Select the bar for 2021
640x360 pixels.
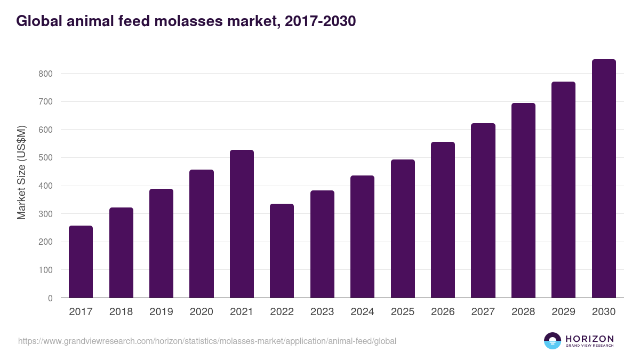242,224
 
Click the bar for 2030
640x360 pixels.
604,179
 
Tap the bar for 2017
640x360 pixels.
81,262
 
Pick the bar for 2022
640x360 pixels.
282,251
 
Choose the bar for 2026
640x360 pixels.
443,220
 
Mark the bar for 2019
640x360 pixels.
161,243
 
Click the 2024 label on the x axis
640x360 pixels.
362,312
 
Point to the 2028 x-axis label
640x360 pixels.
523,312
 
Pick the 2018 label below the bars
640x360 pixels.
121,312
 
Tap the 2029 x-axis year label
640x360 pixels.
563,312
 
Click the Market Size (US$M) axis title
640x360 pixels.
21,173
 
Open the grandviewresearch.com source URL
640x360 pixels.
207,341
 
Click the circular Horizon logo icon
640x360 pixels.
553,341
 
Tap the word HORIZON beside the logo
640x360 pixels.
589,338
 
